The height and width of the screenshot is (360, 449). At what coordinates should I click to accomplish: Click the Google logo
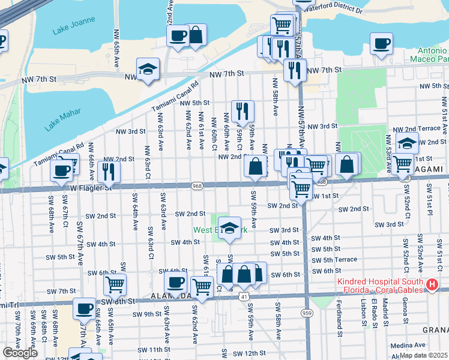pyautogui.click(x=20, y=353)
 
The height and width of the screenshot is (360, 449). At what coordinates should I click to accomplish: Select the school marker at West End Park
pyautogui.click(x=229, y=229)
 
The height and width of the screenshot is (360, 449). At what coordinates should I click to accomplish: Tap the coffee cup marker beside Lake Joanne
pyautogui.click(x=178, y=36)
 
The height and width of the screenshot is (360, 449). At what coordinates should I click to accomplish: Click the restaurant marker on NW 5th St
pyautogui.click(x=243, y=111)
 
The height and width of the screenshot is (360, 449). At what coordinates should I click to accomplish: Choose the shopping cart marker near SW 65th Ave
pyautogui.click(x=115, y=284)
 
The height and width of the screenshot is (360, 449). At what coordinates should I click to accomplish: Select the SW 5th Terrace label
pyautogui.click(x=339, y=260)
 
